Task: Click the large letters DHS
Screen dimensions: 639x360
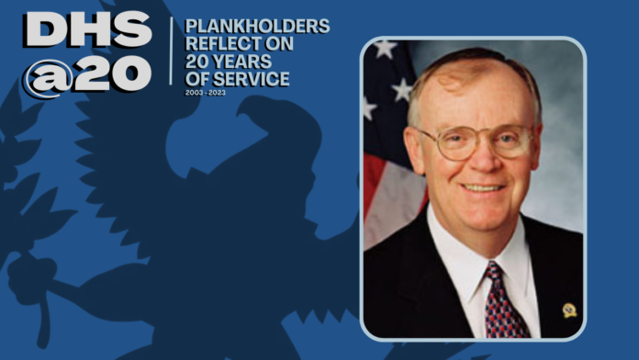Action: coord(88,29)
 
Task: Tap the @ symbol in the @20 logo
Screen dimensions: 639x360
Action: coord(47,77)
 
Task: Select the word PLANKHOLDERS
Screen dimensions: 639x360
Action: coord(257,26)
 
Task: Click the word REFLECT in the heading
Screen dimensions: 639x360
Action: coord(223,44)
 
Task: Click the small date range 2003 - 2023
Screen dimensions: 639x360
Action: coord(206,93)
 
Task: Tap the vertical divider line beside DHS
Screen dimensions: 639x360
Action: coord(171,51)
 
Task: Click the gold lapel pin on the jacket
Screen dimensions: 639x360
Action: coord(569,310)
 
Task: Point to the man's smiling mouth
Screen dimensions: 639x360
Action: coord(483,188)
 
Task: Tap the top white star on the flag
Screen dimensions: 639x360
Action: coord(385,49)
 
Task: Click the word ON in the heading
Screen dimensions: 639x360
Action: coord(279,44)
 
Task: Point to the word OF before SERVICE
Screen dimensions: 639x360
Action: coord(197,79)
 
